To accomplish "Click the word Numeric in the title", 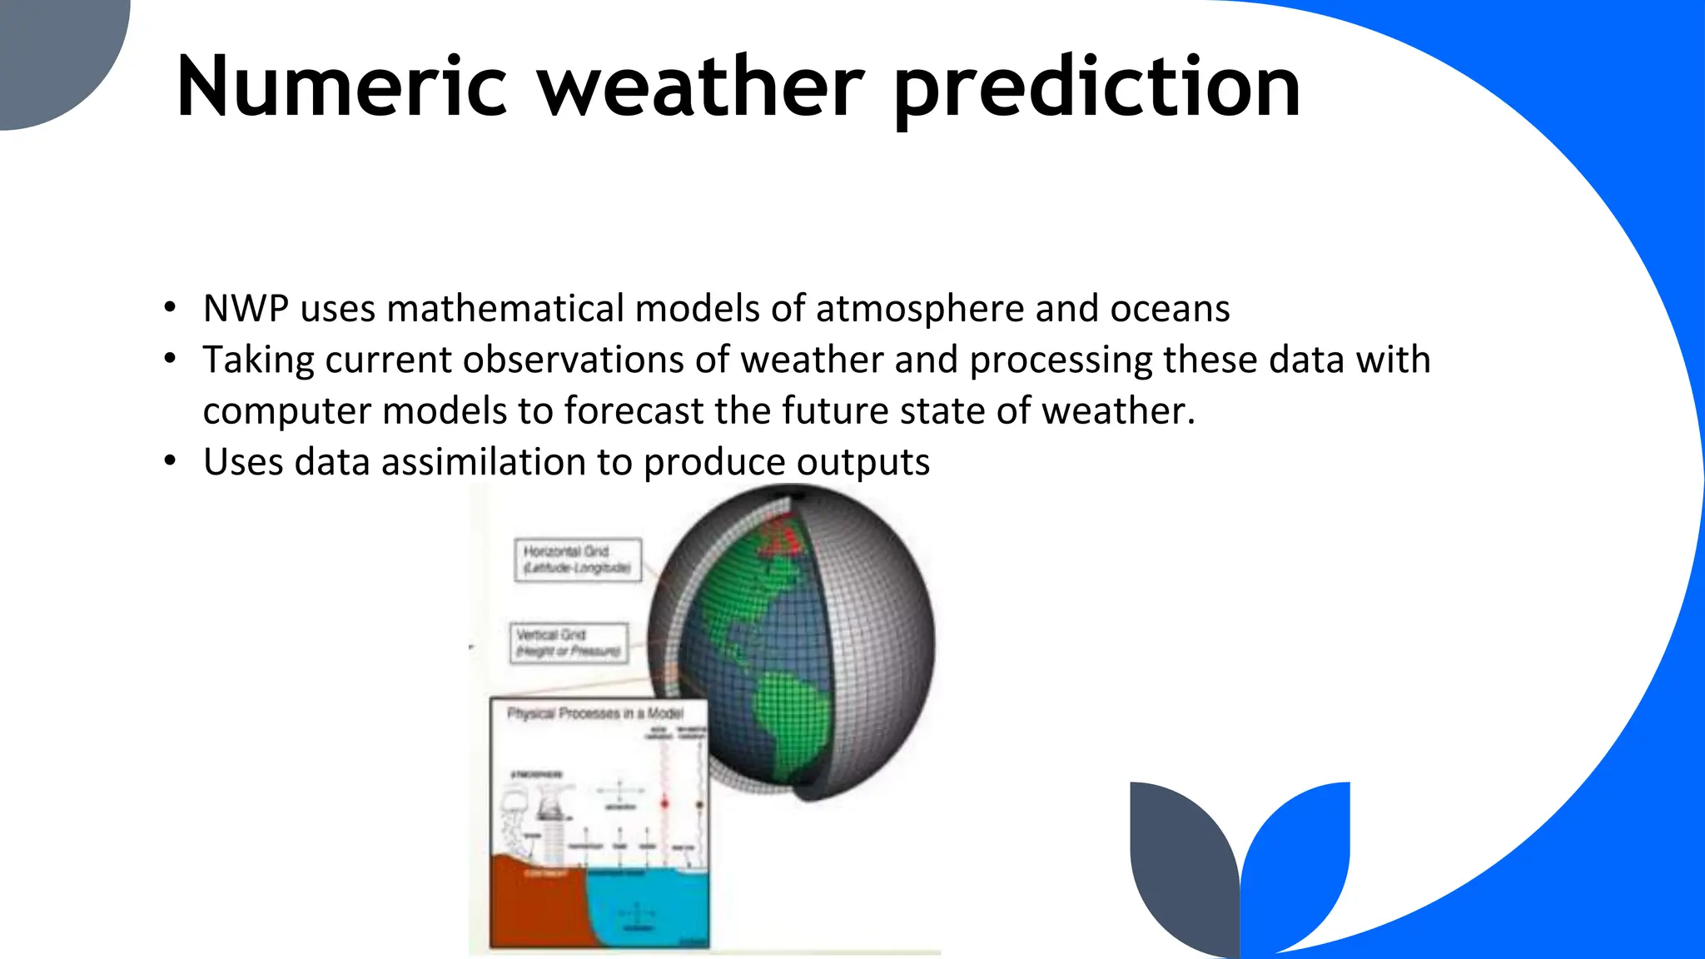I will (341, 87).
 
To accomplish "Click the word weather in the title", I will (701, 87).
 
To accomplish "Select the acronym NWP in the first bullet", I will (246, 309).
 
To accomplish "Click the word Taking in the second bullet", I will (258, 360).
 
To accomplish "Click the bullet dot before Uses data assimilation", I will (171, 460).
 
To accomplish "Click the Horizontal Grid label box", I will (578, 559).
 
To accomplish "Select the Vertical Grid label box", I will (569, 643).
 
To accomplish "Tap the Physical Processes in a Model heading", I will (595, 713).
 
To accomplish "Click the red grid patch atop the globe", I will (783, 536).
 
